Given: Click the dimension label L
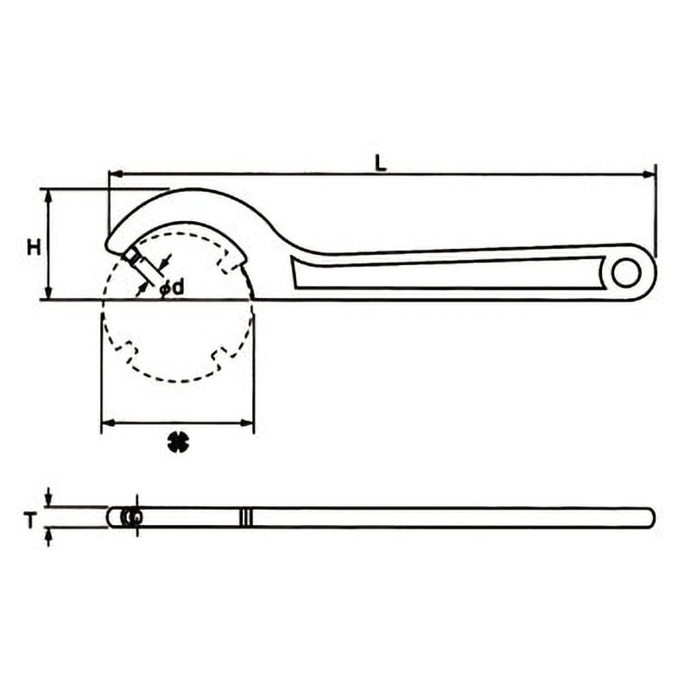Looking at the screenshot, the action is pyautogui.click(x=381, y=163).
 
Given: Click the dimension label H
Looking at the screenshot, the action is pyautogui.click(x=34, y=247).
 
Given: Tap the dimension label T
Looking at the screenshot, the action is pyautogui.click(x=30, y=521).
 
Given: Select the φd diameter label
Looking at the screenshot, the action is pyautogui.click(x=171, y=288).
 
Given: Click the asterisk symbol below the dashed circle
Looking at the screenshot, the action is pyautogui.click(x=179, y=441).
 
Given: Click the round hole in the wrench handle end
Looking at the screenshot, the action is pyautogui.click(x=626, y=273).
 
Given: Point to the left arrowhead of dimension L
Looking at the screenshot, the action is pyautogui.click(x=115, y=174).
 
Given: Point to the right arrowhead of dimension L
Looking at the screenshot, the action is pyautogui.click(x=650, y=174).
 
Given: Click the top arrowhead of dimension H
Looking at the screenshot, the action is pyautogui.click(x=49, y=196).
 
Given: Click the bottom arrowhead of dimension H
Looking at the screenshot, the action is pyautogui.click(x=49, y=293).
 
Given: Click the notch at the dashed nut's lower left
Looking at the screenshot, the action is pyautogui.click(x=127, y=352).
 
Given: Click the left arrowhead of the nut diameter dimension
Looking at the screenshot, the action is pyautogui.click(x=109, y=423).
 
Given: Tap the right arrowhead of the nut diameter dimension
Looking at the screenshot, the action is pyautogui.click(x=247, y=423).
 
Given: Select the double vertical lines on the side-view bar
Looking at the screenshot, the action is pyautogui.click(x=246, y=517).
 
